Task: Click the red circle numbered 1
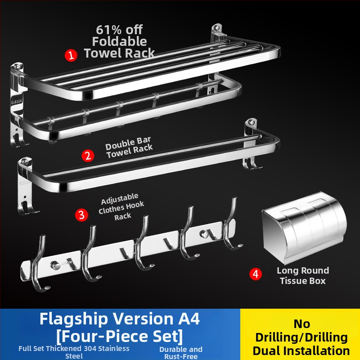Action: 71,55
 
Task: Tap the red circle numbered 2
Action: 88,156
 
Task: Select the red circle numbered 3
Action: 81,215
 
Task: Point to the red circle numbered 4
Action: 256,274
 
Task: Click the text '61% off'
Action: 119,30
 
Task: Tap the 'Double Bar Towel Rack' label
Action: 129,147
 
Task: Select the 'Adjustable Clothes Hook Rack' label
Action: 121,207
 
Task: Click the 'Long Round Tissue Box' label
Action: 303,275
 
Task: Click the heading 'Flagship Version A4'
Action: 120,319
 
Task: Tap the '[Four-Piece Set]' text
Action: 120,336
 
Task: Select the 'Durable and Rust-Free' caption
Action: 181,353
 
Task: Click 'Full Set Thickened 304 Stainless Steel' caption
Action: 74,352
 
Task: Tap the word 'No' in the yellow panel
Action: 302,324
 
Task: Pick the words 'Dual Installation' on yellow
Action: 301,351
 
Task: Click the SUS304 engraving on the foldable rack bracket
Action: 17,102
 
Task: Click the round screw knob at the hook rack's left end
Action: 55,265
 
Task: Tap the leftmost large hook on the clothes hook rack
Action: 39,264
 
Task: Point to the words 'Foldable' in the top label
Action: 119,41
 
